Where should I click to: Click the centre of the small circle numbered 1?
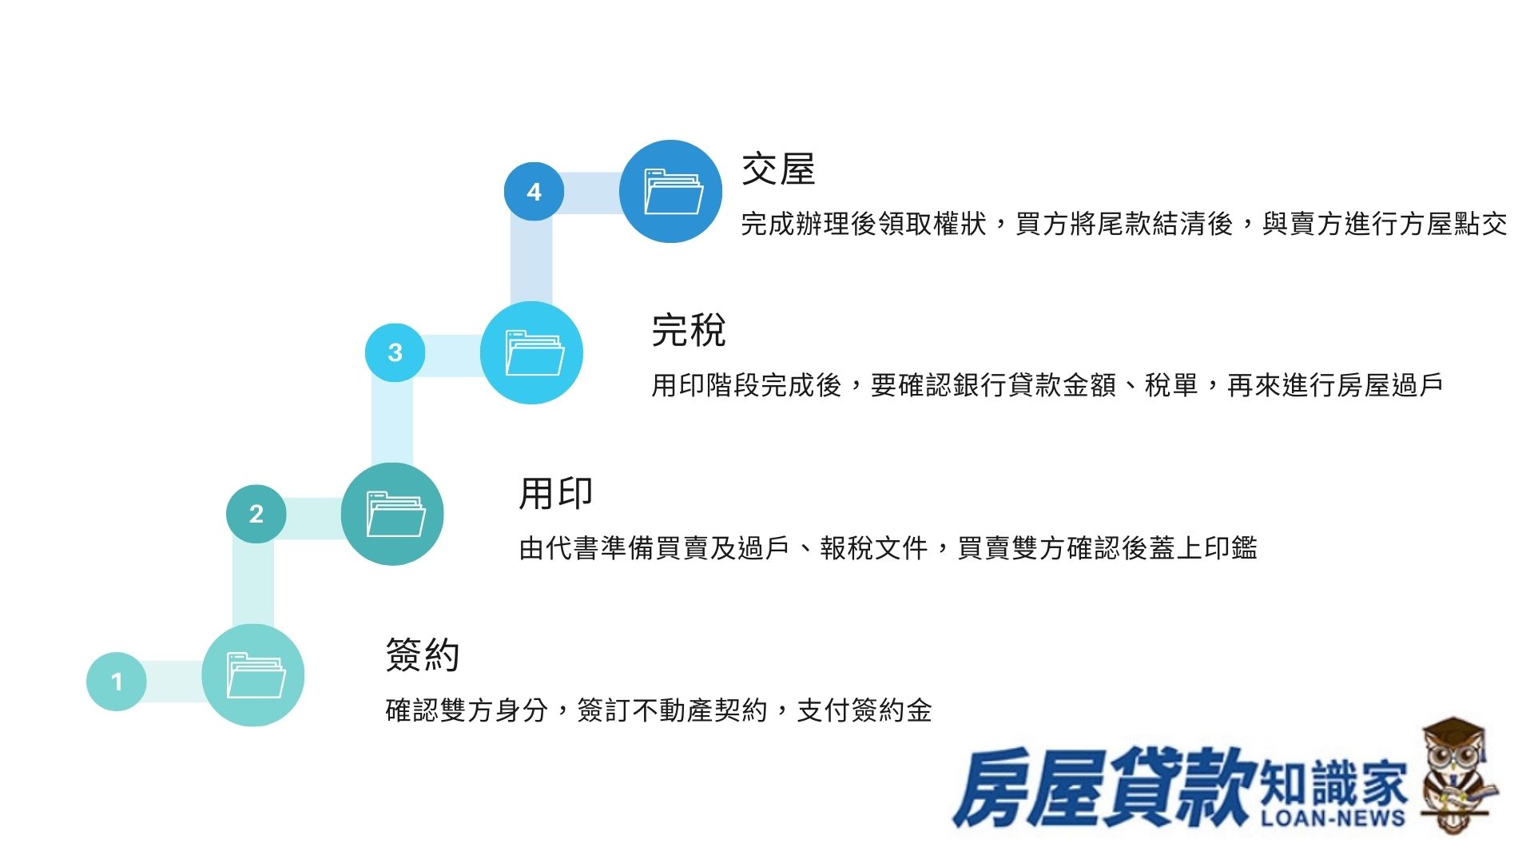[x=117, y=682]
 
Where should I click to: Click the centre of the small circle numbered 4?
[x=534, y=192]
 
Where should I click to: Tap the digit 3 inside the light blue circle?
[x=395, y=352]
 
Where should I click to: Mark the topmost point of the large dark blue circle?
[x=671, y=141]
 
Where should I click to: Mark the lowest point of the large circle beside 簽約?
[x=252, y=726]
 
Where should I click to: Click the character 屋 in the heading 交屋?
[x=797, y=169]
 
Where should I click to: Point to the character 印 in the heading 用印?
[x=574, y=492]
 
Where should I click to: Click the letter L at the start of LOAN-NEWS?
[x=1270, y=817]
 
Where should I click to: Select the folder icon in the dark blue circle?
[x=674, y=192]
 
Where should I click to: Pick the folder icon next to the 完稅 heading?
[x=535, y=352]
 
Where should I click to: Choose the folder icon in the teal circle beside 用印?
[x=395, y=514]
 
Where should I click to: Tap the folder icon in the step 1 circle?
[x=256, y=675]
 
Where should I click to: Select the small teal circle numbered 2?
[x=256, y=513]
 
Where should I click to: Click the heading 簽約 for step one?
[x=423, y=654]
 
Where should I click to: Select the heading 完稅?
[x=689, y=330]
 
